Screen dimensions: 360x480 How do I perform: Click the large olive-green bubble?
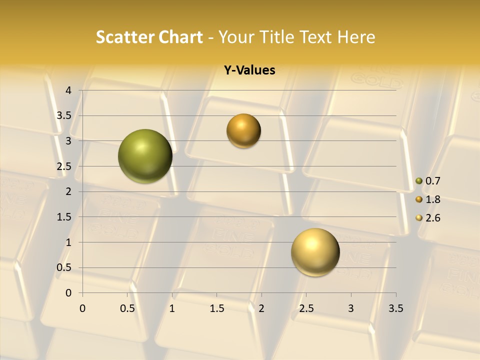tap(145, 156)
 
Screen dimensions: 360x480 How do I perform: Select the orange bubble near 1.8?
tap(243, 131)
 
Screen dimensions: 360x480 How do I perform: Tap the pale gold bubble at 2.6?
tap(315, 252)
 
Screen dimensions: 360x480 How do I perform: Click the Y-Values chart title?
tap(249, 70)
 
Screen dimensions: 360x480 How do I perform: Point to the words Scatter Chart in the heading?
tap(149, 37)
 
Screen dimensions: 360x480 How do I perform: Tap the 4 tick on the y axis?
tap(69, 90)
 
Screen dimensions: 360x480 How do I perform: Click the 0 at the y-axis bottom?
tap(69, 293)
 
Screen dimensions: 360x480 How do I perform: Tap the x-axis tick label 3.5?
tap(395, 308)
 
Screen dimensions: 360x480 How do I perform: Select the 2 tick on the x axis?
tap(261, 308)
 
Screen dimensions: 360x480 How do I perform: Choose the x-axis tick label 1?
tap(172, 308)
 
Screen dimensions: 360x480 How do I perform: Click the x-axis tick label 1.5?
tap(216, 308)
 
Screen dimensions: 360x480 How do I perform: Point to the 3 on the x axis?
tap(351, 308)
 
